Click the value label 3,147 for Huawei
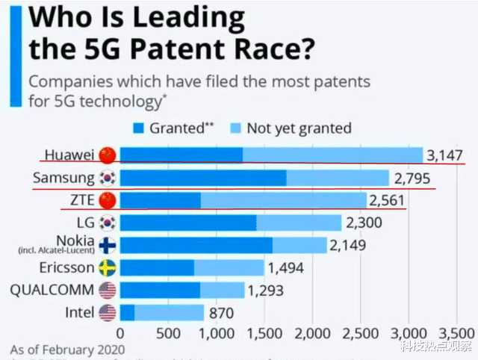coord(444,155)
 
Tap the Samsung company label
coord(63,179)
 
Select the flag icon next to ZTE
coord(108,201)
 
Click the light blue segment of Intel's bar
coord(169,312)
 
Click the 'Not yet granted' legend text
coord(299,128)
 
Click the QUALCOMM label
coord(52,290)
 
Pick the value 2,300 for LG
coord(364,223)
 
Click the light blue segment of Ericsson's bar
coord(229,267)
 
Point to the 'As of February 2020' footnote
coord(63,349)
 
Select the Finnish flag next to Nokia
coord(108,245)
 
